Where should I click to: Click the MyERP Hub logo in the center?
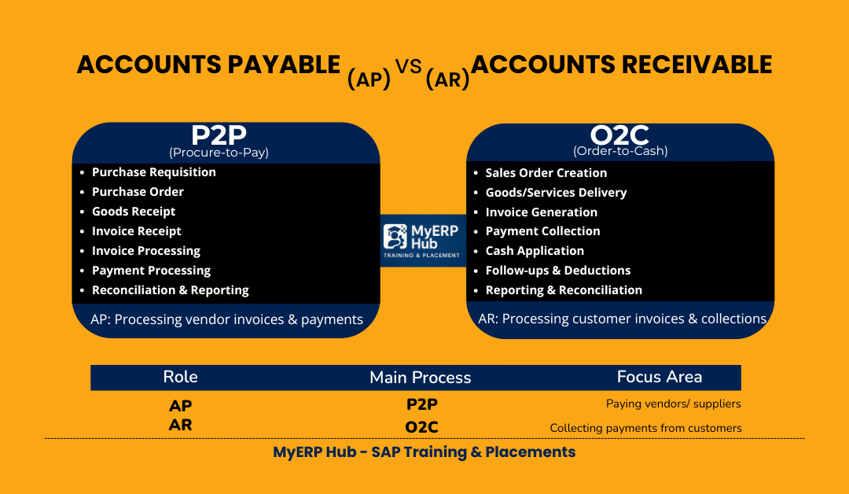click(x=423, y=241)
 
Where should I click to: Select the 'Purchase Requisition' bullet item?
click(x=153, y=172)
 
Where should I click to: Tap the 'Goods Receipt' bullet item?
click(x=134, y=212)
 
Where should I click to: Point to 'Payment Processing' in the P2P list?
click(x=151, y=271)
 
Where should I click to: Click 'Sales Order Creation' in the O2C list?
click(x=546, y=173)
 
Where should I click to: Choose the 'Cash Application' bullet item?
click(x=535, y=251)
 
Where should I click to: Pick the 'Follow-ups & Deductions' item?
click(x=557, y=271)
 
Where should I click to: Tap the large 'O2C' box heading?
click(x=620, y=135)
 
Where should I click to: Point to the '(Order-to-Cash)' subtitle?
click(x=620, y=151)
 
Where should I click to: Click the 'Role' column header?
click(x=180, y=377)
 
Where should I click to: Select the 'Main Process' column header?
click(x=421, y=378)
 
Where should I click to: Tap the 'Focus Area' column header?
click(x=660, y=377)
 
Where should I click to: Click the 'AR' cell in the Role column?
click(x=180, y=426)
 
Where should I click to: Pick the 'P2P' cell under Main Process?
click(x=421, y=404)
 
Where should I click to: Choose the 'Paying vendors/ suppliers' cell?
click(x=674, y=404)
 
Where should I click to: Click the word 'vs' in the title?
click(x=409, y=68)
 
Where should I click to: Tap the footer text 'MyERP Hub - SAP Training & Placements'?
click(x=424, y=452)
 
